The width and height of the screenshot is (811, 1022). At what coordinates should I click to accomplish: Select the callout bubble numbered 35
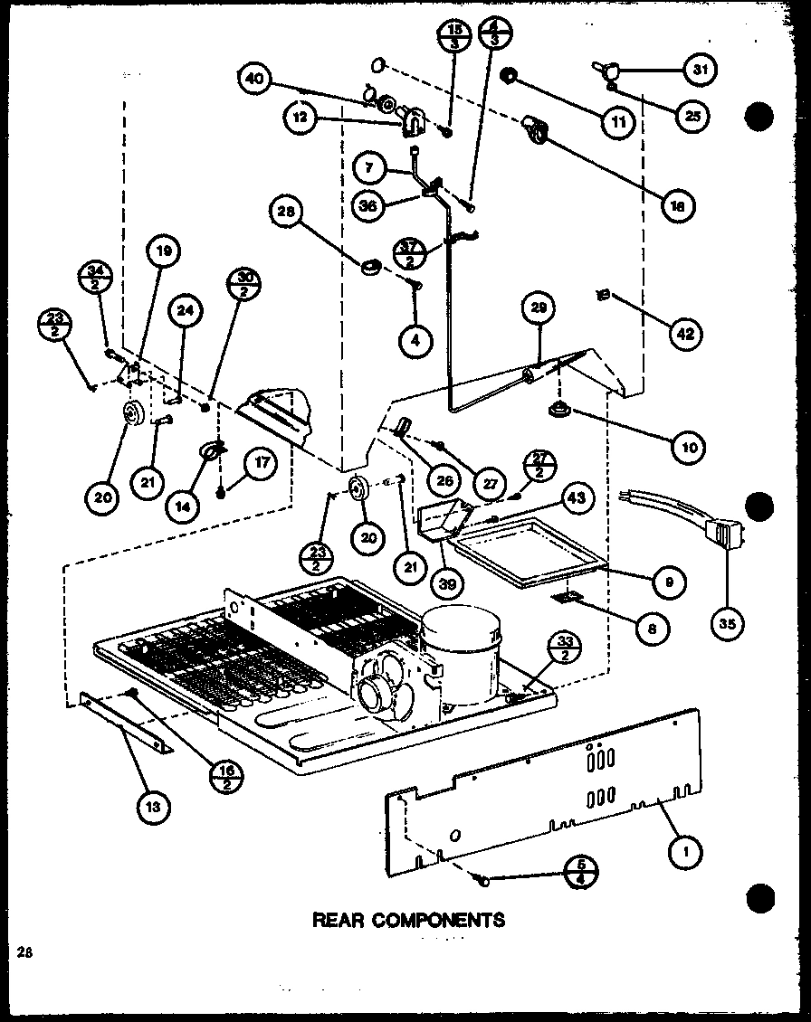(x=728, y=622)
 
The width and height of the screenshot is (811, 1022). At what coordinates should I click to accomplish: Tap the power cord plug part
(x=724, y=536)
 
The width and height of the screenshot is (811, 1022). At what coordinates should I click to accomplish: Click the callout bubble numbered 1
(x=686, y=849)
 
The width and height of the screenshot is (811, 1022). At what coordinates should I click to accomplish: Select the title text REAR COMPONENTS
(x=408, y=921)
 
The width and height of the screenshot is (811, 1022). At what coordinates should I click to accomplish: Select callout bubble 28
(x=285, y=213)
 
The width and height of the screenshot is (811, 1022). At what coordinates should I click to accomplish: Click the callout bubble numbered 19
(x=165, y=252)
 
